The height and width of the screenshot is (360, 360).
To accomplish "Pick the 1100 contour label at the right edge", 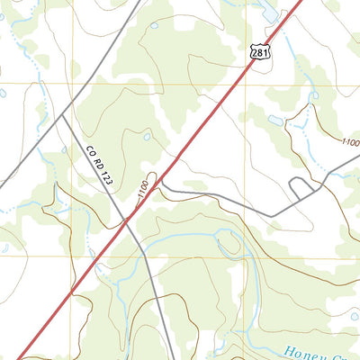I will click(350, 142).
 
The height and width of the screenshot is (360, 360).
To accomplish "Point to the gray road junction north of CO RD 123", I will click(63, 115).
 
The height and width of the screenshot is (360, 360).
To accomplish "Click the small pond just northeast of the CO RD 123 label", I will click(146, 137).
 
